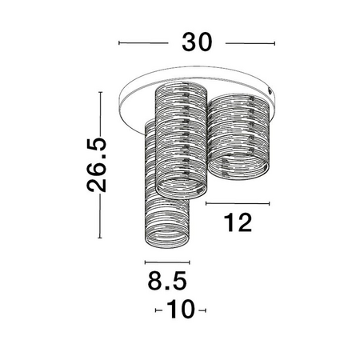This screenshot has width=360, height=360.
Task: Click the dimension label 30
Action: pos(197,42)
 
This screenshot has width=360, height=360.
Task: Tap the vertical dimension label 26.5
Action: pos(97,165)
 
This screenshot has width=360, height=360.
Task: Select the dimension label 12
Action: pos(238,222)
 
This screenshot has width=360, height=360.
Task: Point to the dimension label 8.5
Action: pos(167,280)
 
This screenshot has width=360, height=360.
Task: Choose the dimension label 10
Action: pos(181,309)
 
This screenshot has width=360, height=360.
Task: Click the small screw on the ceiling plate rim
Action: pos(270,90)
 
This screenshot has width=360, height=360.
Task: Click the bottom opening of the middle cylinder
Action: pos(181,188)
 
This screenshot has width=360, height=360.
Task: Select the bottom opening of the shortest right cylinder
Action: pos(238,167)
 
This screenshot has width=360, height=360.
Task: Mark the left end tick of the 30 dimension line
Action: pos(119,42)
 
